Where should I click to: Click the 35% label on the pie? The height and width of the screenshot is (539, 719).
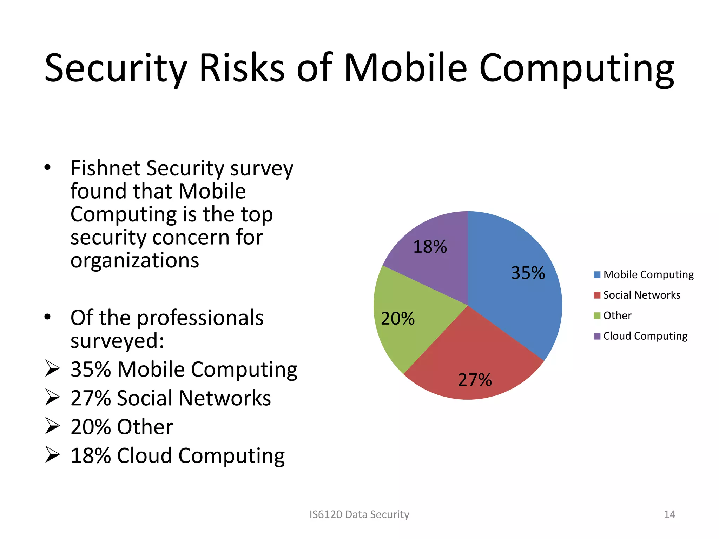tap(528, 273)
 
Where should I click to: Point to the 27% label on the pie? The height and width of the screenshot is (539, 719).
tap(475, 380)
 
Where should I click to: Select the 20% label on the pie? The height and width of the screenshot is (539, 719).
tap(397, 319)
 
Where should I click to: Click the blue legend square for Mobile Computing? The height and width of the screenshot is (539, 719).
tap(597, 274)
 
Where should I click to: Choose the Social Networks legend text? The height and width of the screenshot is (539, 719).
tap(641, 295)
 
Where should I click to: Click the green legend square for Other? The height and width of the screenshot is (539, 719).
tap(597, 315)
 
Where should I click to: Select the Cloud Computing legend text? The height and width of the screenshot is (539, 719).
tap(645, 336)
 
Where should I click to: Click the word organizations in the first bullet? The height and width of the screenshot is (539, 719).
tap(134, 260)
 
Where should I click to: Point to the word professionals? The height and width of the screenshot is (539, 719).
tap(200, 318)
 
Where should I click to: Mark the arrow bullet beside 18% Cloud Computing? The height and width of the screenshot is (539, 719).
tap(53, 455)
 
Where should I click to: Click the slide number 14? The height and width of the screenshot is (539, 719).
tap(669, 514)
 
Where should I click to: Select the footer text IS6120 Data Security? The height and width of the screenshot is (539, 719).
tap(359, 514)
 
